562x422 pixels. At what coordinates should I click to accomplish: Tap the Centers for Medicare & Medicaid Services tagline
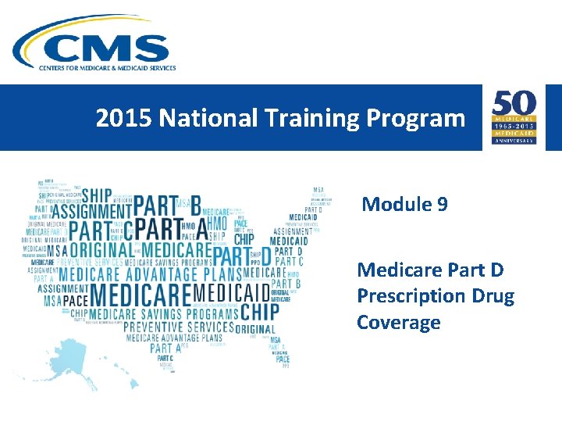108,68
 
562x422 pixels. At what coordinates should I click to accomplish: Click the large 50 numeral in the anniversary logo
513,105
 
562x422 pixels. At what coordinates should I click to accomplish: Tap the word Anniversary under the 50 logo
513,141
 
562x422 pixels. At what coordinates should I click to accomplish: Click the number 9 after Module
443,205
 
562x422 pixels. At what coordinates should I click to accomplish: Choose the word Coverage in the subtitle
399,323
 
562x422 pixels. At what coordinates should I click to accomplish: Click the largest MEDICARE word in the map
140,295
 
